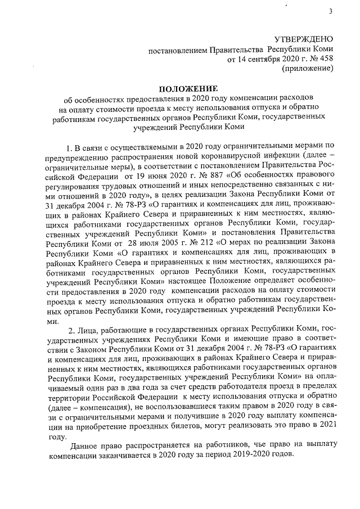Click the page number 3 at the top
(x=330, y=12)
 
